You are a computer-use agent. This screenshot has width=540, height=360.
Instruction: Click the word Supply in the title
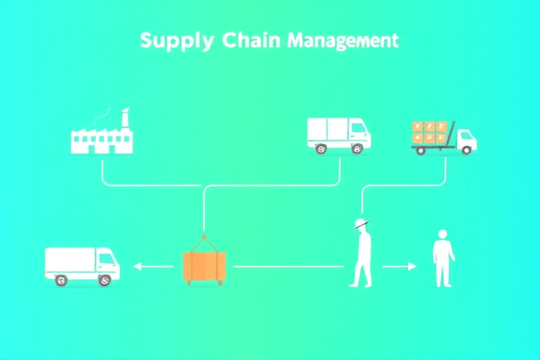coord(177,41)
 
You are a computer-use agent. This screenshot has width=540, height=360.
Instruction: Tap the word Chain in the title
coord(251,40)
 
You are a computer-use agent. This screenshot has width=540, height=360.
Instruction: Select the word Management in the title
coord(343,41)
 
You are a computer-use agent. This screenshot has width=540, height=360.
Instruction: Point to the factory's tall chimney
coord(125,118)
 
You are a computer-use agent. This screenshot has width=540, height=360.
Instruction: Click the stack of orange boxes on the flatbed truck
coord(430,132)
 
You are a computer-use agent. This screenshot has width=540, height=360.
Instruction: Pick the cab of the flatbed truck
coord(466,139)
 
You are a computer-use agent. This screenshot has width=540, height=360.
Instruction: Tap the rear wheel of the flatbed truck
coord(421,151)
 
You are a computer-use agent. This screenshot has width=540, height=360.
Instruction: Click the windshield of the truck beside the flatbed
coord(358,128)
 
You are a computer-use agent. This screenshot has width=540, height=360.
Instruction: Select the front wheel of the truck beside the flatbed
coord(357,148)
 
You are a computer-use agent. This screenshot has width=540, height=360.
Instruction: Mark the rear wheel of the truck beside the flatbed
coord(321,148)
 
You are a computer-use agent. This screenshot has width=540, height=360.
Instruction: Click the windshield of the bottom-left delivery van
coord(107,258)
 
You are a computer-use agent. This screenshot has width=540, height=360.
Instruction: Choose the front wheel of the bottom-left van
coord(105,280)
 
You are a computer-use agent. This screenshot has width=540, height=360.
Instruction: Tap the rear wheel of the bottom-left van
coord(61,280)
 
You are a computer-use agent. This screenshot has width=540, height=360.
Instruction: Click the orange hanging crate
coord(205,266)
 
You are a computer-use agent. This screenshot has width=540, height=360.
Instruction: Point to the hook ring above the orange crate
coord(204,237)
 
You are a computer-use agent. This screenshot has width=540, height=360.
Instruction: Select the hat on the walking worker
coord(361,223)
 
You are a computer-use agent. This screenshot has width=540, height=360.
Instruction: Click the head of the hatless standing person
coord(442,234)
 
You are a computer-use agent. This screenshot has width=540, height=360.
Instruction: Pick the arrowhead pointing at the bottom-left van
coord(137,266)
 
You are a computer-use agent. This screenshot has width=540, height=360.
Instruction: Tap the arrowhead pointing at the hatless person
coord(412,266)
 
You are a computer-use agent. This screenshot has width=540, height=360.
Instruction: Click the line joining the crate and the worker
coord(289,266)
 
